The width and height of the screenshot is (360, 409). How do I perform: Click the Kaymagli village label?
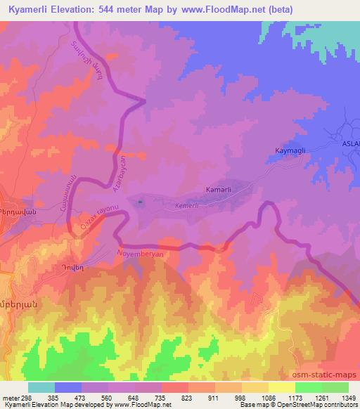click(289, 150)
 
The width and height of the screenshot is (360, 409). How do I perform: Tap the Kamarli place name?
click(219, 190)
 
